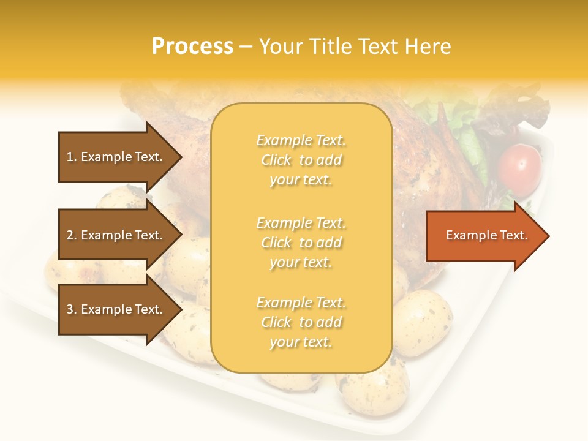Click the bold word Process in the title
tap(192, 47)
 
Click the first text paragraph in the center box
tap(301, 160)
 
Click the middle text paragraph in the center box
tap(301, 243)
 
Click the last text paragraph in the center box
tap(301, 322)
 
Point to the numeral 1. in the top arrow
tap(72, 157)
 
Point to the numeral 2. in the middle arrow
tap(72, 235)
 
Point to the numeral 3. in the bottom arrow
tap(72, 309)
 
